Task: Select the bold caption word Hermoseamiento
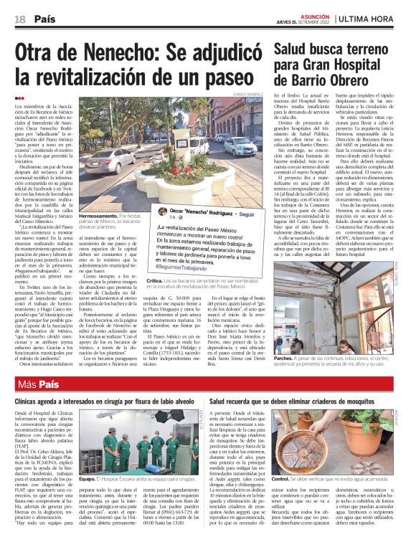pyautogui.click(x=99, y=214)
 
